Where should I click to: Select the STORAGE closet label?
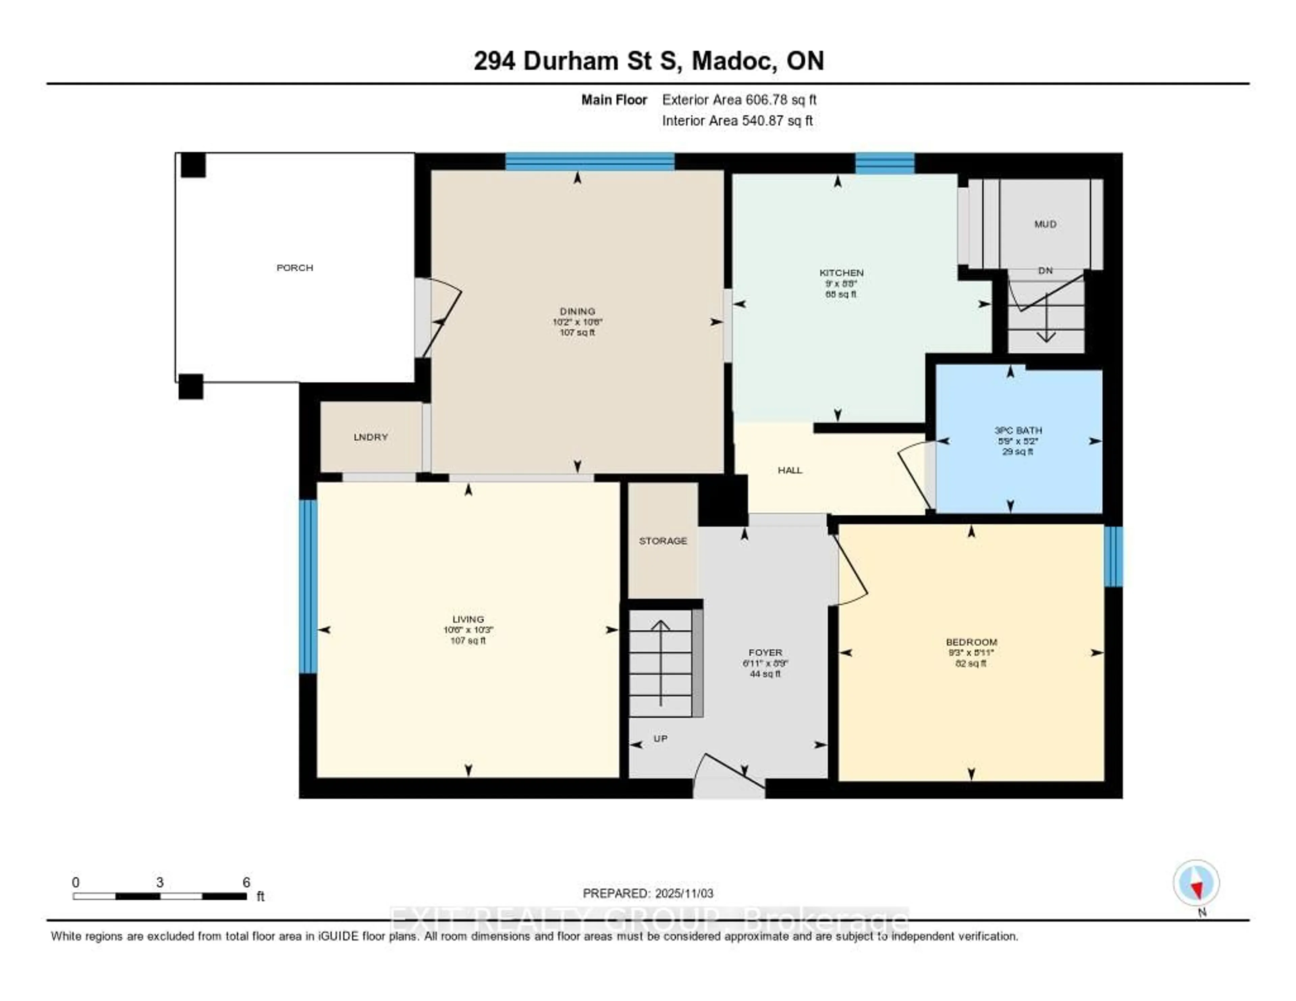(663, 541)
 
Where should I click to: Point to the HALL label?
(790, 470)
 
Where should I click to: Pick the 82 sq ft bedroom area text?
(971, 664)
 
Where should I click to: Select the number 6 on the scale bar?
(246, 882)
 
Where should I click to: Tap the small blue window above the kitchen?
(884, 163)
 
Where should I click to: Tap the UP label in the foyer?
(660, 739)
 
